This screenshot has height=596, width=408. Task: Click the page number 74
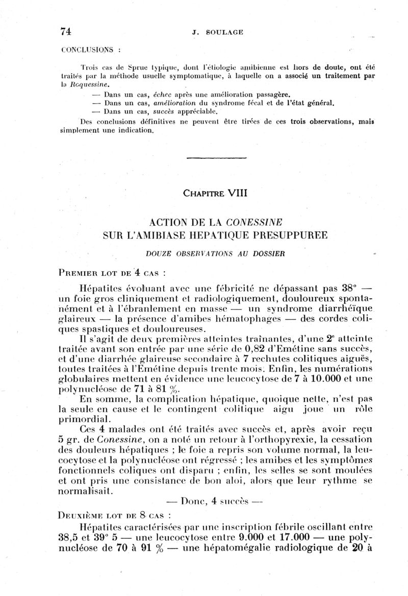click(65, 31)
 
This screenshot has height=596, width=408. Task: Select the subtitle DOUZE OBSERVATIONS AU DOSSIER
click(215, 253)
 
